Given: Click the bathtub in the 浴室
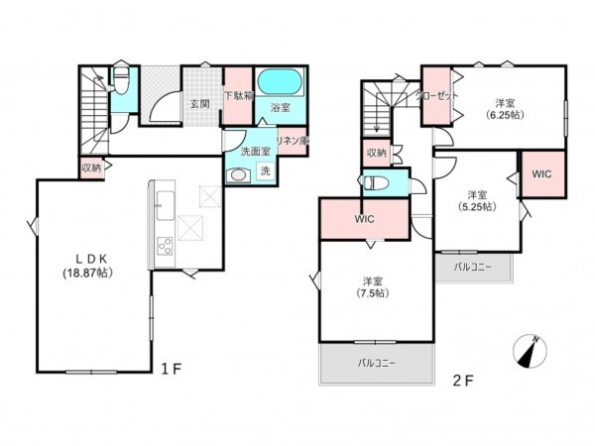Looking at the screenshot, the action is coord(280,81).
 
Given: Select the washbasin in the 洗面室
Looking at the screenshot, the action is coord(238,175).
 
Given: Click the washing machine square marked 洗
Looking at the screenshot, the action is coord(265,170).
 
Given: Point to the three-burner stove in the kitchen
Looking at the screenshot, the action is coord(165,246).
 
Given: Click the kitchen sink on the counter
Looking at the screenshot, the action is coord(165,205).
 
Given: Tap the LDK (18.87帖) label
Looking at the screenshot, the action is coord(87,266).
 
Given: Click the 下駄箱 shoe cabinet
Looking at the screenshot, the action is coord(238,95).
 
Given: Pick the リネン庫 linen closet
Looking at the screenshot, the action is coord(293,141).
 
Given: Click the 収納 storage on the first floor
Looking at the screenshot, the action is coord(91,167).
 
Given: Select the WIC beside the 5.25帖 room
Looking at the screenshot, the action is coord(542,174).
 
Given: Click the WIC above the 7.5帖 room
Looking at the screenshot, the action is coord(365,219).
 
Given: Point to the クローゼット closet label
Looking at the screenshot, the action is coord(437,95).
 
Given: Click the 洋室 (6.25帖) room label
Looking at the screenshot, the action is coord(505,108).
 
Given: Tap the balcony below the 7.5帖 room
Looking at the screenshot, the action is coord(377,364).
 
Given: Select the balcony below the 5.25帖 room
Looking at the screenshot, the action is coord(473,267).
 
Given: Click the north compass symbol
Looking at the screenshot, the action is coord(530,351).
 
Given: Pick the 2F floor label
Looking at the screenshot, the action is coord(463,381).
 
